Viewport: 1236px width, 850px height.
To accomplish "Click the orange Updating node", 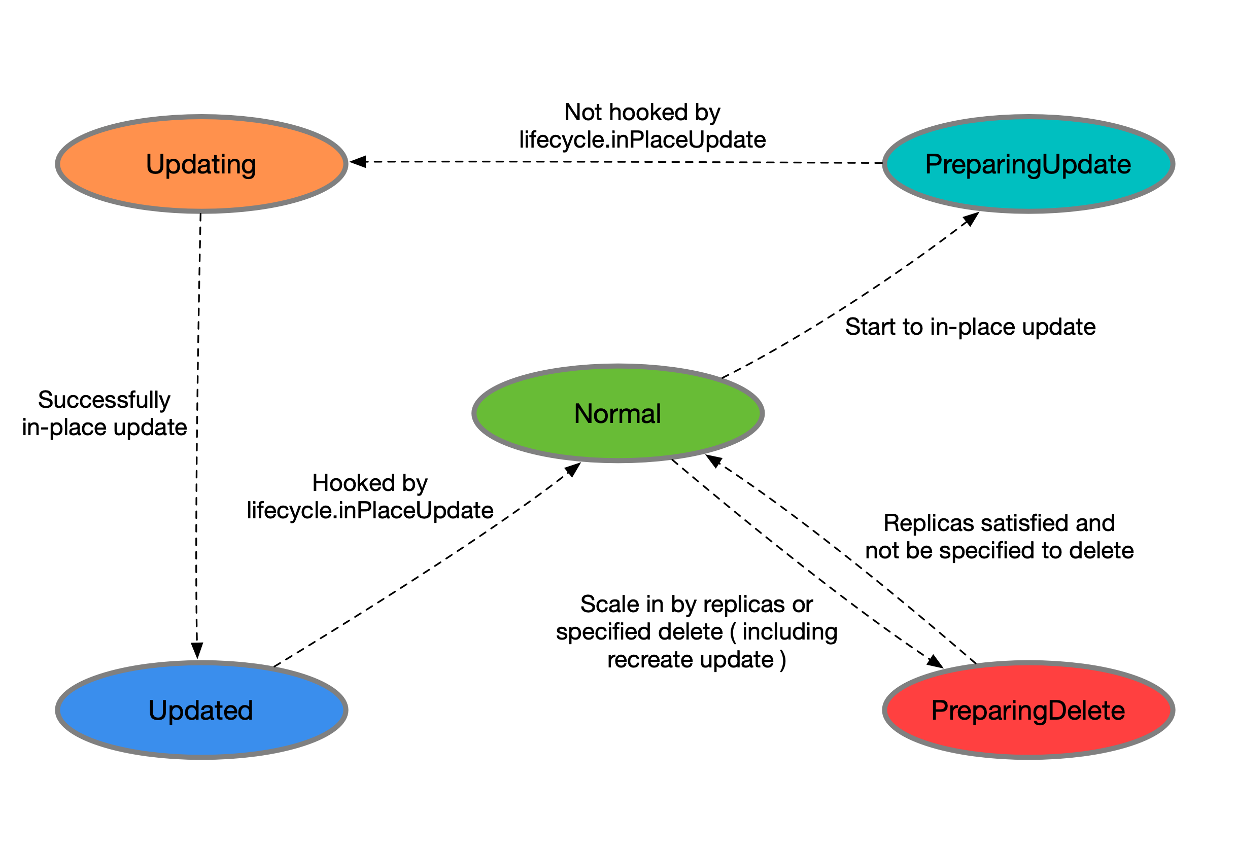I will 201,164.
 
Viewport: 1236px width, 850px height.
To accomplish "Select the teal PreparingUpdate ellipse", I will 1028,164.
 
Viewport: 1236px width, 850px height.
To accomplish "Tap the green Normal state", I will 618,413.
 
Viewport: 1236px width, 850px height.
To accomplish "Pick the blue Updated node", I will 201,710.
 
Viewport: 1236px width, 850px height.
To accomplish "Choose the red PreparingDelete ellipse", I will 1028,710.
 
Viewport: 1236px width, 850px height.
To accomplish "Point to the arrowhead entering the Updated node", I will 197,651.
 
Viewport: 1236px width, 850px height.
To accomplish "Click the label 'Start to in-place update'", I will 970,327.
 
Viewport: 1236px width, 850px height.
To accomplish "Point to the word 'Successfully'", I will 105,400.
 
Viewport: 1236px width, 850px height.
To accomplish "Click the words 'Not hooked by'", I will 642,113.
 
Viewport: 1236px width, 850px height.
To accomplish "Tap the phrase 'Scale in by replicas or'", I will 696,605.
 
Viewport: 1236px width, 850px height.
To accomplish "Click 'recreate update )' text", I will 696,660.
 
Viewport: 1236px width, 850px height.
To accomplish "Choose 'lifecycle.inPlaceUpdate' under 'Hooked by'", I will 370,510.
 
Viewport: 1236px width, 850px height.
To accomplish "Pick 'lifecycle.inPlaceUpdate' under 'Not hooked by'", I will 642,139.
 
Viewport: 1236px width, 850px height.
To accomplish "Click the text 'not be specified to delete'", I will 999,551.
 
